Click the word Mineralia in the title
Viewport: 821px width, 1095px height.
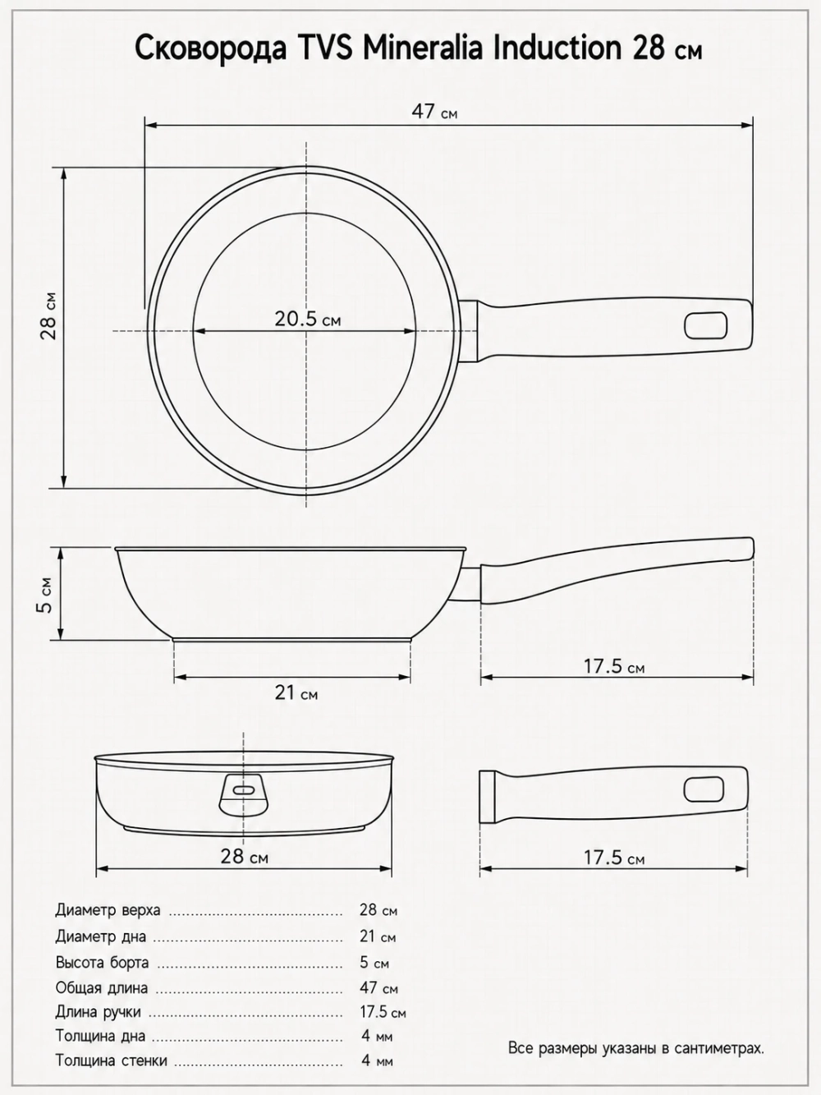(x=423, y=49)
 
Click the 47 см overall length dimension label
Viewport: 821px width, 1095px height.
(x=434, y=113)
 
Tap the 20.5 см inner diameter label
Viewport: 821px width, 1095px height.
(x=308, y=320)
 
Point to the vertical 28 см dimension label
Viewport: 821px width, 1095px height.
(x=49, y=315)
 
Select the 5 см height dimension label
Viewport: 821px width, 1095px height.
(x=45, y=595)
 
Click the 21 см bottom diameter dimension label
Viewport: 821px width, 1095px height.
(x=296, y=693)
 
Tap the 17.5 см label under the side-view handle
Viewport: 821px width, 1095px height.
(x=614, y=666)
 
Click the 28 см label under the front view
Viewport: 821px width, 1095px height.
(x=245, y=857)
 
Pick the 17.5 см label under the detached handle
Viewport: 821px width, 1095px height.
(x=614, y=858)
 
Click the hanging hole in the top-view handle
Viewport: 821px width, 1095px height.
(x=706, y=326)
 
